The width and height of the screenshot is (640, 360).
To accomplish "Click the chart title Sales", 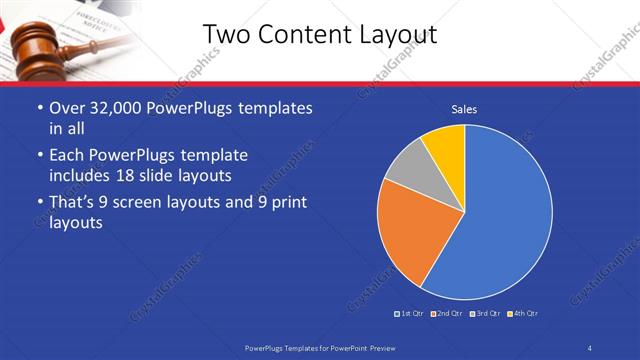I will point(464,108).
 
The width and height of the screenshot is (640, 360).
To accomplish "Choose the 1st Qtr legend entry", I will point(409,314).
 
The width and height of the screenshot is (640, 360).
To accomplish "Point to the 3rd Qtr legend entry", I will point(484,314).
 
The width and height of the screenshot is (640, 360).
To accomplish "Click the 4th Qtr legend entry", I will point(523,314).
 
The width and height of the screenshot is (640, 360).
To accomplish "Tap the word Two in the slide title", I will point(226,35).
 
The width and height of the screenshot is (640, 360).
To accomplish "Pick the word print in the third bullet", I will point(287,203).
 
